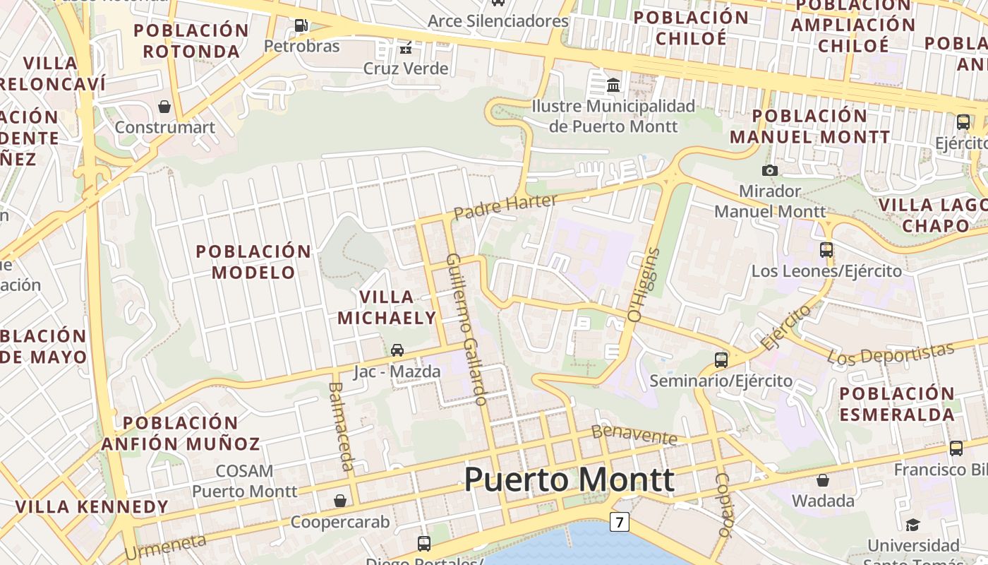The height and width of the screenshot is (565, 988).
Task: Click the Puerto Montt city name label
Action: tap(569, 480)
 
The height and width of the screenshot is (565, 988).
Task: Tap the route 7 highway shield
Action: tap(619, 523)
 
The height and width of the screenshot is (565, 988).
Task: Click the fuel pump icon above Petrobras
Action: tap(301, 26)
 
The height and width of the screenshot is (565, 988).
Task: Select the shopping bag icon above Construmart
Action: tap(164, 107)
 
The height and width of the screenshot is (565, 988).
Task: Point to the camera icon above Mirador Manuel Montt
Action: tap(769, 170)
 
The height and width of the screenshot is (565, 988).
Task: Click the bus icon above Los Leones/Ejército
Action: tap(826, 249)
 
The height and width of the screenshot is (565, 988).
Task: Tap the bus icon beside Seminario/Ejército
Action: tap(721, 359)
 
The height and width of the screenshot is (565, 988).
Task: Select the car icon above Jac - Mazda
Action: tap(397, 350)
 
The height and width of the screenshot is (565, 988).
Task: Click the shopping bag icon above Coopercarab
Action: tap(340, 500)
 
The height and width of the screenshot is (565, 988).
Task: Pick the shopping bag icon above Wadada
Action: tap(822, 480)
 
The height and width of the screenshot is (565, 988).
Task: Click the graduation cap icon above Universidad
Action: tap(912, 525)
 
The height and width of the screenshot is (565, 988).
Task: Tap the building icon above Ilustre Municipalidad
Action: tap(613, 85)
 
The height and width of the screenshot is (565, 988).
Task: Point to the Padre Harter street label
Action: tap(505, 206)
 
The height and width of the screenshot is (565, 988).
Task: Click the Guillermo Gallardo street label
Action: tap(466, 329)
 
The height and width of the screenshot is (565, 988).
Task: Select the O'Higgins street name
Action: tap(644, 285)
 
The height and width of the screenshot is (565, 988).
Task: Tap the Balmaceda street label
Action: tap(341, 426)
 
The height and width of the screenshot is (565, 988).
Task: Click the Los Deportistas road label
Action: tap(891, 354)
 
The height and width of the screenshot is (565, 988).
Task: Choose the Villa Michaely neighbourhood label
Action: tap(386, 307)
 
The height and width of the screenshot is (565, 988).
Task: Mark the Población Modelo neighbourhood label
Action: tap(253, 261)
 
